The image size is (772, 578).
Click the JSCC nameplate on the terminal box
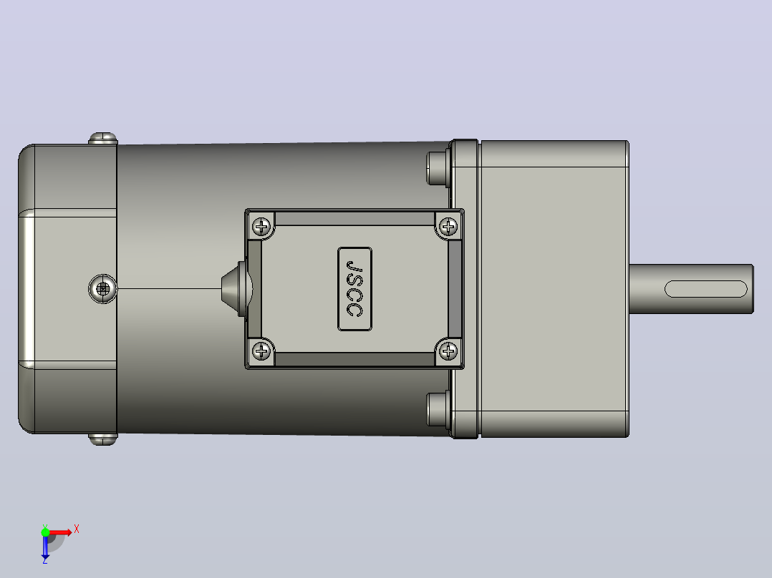click(354, 289)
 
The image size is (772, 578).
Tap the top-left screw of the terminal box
click(261, 227)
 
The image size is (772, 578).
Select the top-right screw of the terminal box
click(448, 227)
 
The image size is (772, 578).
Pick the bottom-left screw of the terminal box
click(261, 351)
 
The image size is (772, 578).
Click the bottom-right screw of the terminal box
click(448, 351)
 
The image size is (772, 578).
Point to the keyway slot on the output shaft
click(705, 289)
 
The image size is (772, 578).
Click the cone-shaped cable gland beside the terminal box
click(236, 289)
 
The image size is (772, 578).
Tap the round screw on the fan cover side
click(103, 289)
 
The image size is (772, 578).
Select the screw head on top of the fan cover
click(103, 138)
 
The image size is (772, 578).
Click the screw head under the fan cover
click(103, 439)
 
